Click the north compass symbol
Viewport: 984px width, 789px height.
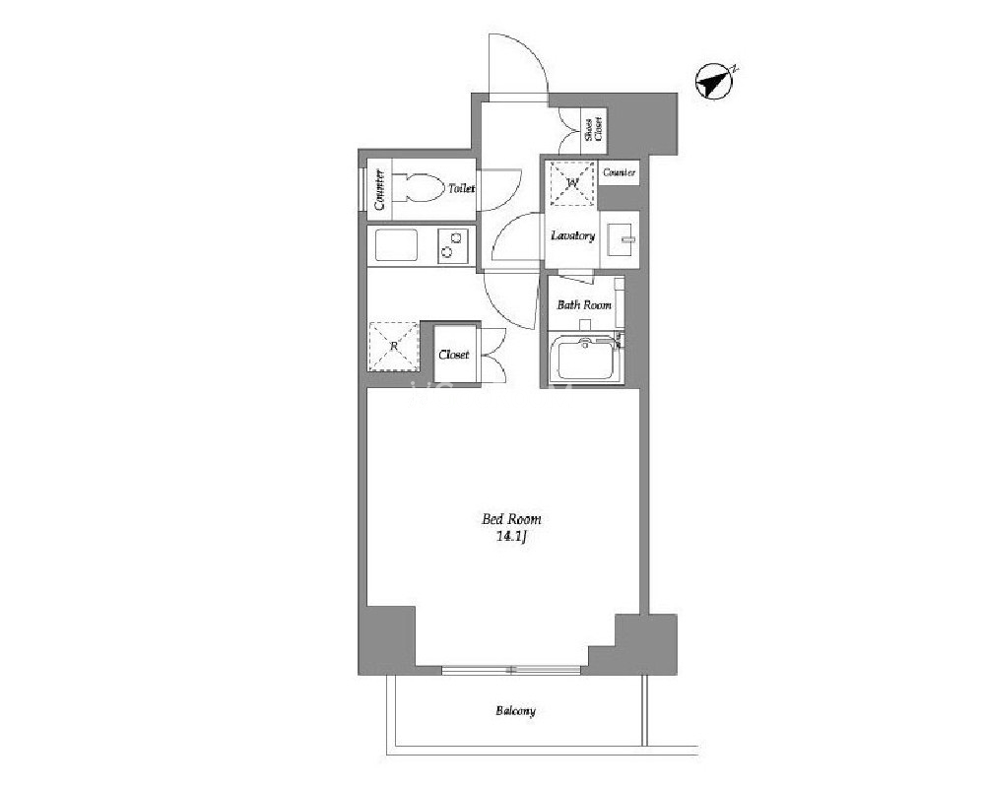715,82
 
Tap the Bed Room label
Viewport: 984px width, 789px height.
511,519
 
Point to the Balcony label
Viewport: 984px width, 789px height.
515,711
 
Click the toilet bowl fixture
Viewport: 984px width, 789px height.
419,188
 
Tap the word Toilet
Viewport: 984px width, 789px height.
461,188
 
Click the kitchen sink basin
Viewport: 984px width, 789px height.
396,245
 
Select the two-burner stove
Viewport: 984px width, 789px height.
452,245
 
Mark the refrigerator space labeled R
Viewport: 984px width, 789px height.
393,346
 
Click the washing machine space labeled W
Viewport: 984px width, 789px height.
572,183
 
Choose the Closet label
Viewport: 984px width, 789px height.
454,355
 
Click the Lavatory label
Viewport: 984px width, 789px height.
572,236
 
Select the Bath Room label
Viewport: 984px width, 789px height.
584,305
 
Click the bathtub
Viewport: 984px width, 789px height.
585,360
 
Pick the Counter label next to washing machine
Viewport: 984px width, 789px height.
619,172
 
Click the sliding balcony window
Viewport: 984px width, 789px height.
511,670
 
